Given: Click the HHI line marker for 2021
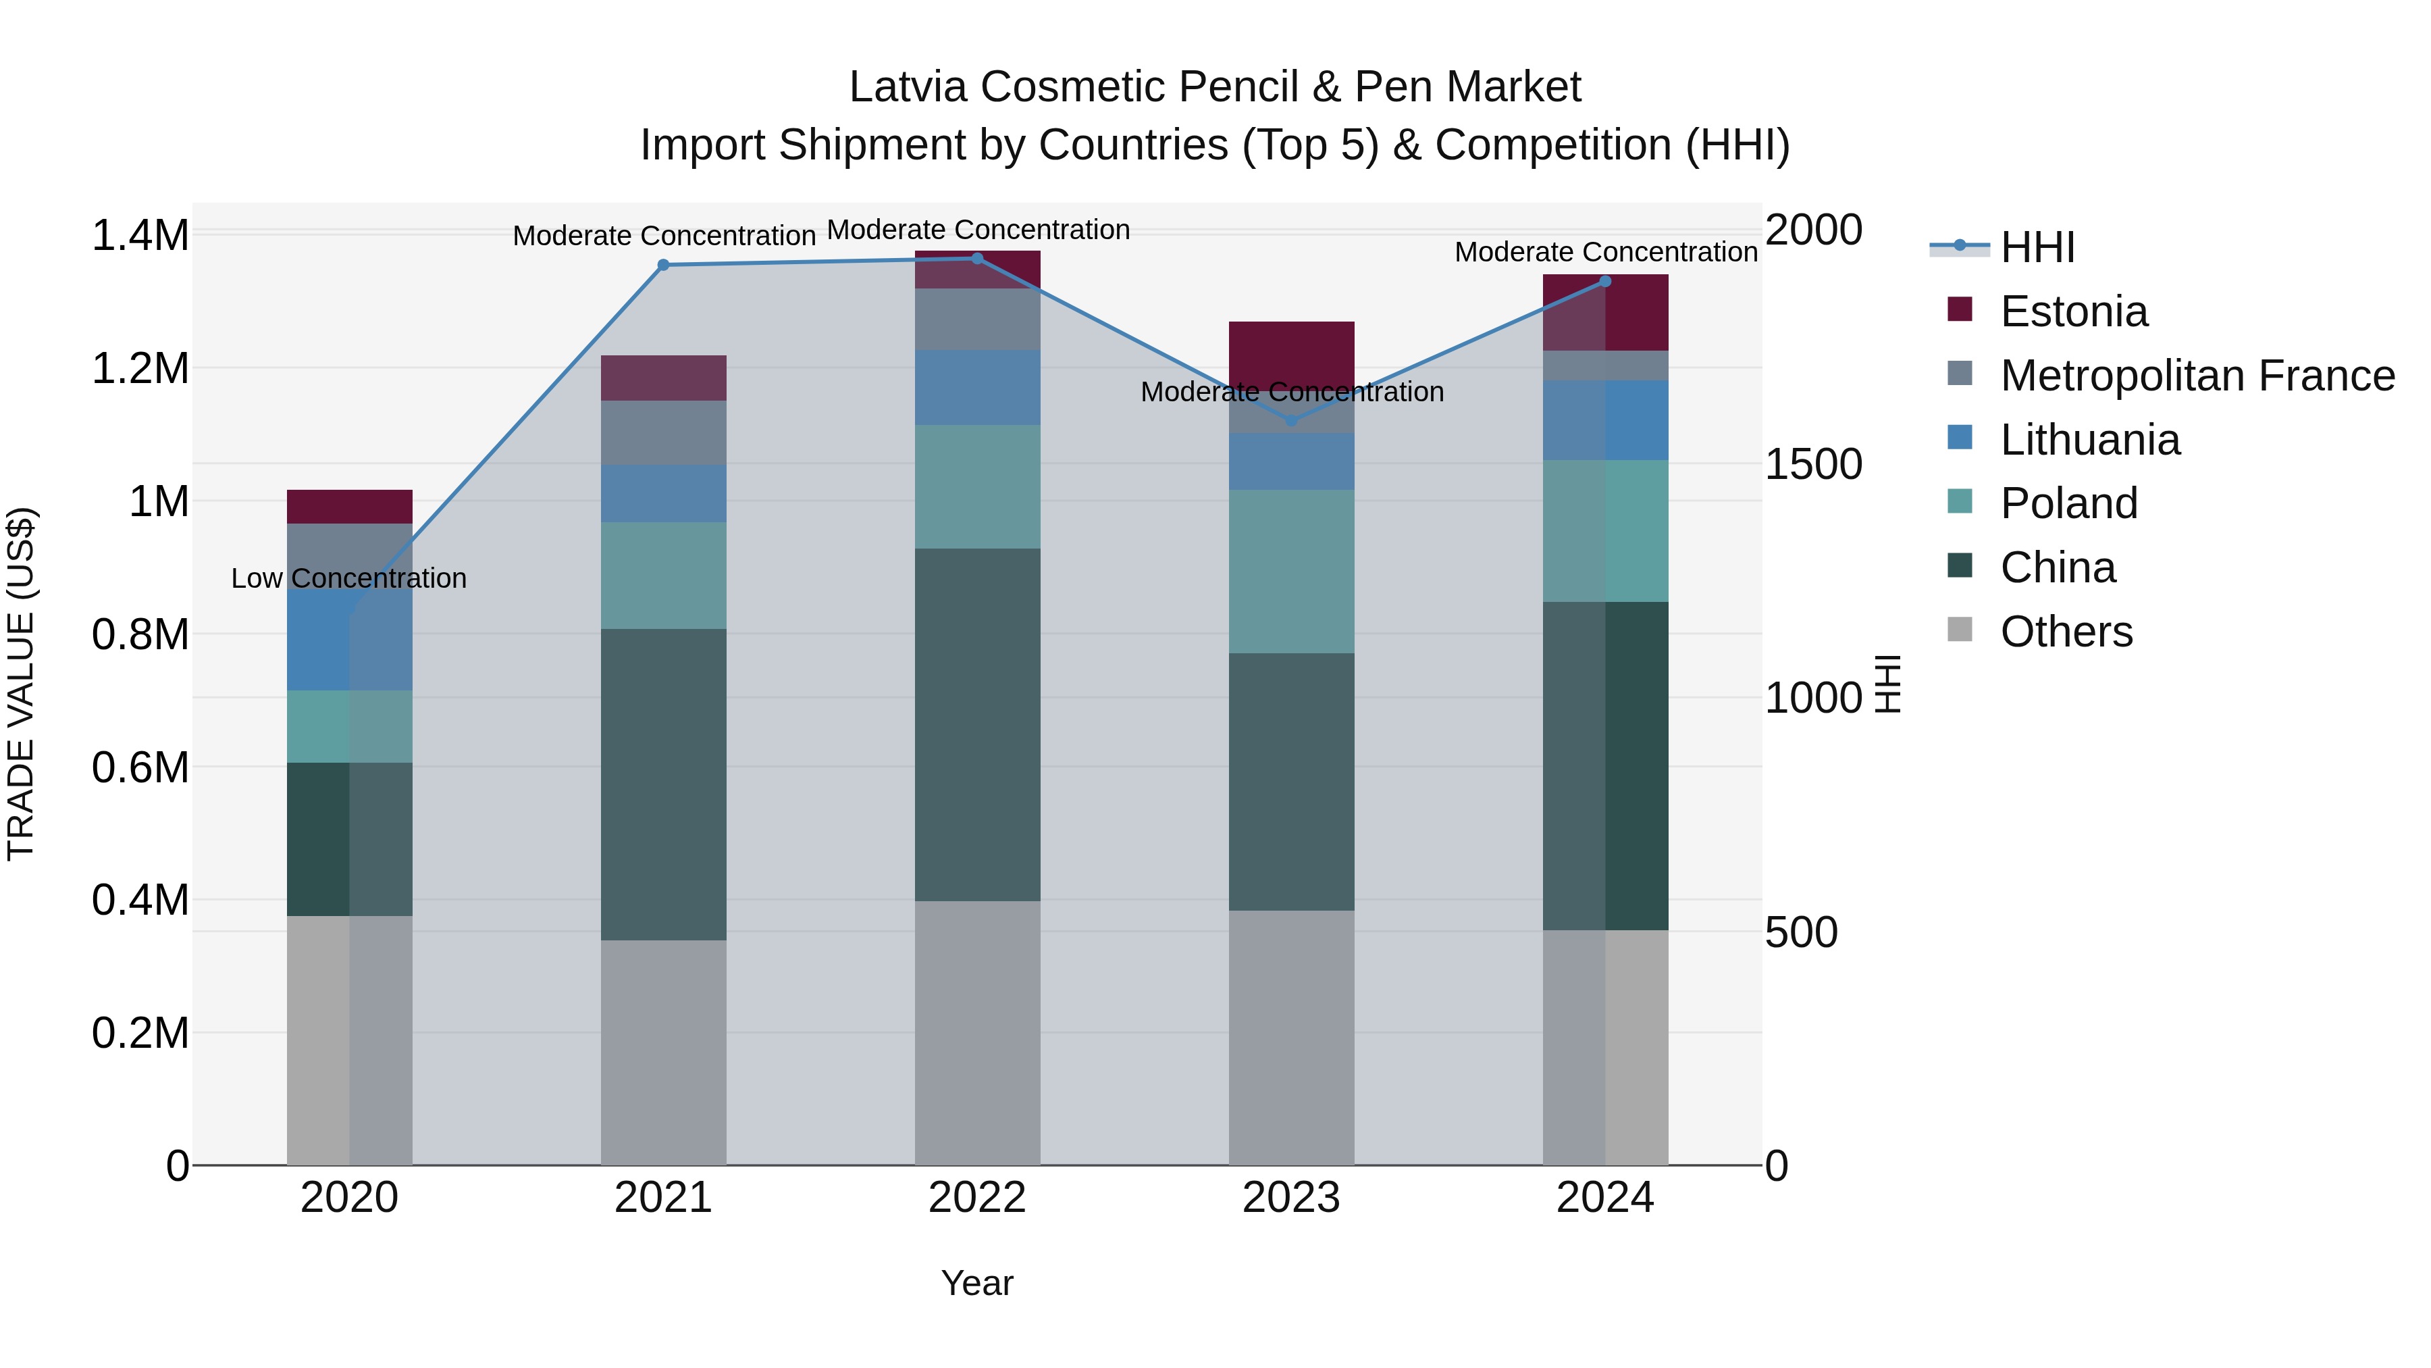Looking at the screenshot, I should point(663,265).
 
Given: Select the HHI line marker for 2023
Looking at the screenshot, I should point(1292,421).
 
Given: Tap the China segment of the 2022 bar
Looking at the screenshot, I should point(978,724).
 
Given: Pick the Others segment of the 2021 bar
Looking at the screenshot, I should point(663,1052).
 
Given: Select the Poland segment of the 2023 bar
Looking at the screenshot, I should point(1292,571).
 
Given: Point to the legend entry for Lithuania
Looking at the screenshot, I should point(2089,440).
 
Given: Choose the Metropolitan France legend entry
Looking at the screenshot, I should point(2197,376).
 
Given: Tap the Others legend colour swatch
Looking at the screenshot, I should point(1960,630).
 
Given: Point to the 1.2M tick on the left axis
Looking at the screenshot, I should point(140,368).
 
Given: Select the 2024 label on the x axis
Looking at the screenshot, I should point(1604,1198).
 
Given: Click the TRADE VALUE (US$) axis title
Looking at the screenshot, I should point(21,684).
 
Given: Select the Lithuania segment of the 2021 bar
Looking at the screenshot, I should point(663,493).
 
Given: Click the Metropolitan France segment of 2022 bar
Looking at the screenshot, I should point(978,319).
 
